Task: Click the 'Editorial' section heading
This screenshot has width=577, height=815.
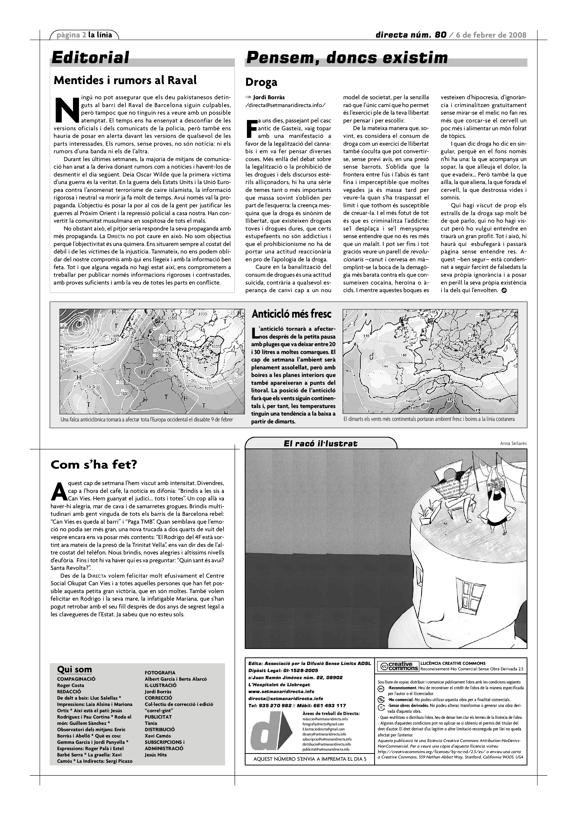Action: click(x=90, y=58)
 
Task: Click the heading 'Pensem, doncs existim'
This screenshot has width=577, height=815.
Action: click(x=347, y=58)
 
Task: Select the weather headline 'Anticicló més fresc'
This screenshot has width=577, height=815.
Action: click(x=291, y=314)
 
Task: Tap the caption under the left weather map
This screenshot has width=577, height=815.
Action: click(x=147, y=420)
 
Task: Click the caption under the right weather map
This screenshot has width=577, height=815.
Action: click(x=429, y=419)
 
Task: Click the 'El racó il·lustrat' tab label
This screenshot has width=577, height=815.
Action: click(x=320, y=443)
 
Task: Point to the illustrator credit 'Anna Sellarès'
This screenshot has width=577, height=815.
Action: click(x=513, y=443)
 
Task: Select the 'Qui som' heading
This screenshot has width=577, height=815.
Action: click(x=74, y=670)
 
